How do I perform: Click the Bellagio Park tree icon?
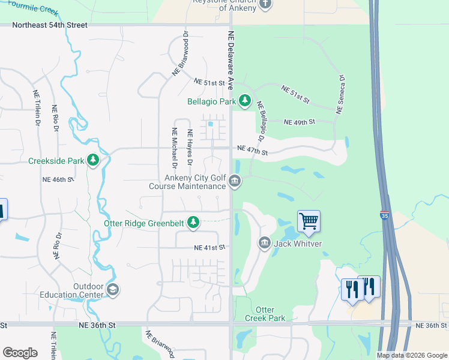[x=245, y=101]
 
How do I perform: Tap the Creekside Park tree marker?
[x=92, y=160]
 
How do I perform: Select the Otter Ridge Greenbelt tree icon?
[x=193, y=223]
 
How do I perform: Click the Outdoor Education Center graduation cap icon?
[x=112, y=290]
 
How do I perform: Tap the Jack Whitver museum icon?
[x=264, y=243]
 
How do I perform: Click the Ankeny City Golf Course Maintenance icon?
[x=235, y=181]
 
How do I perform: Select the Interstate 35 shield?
[x=384, y=214]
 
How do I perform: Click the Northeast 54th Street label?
[x=50, y=25]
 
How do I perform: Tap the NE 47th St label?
[x=252, y=150]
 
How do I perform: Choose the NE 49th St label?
[x=300, y=122]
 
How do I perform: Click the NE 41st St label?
[x=209, y=247]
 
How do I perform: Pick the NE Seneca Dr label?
[x=340, y=95]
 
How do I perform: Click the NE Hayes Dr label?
[x=190, y=148]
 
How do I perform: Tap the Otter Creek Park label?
[x=265, y=314]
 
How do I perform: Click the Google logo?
[x=20, y=352]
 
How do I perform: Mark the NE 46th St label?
[x=58, y=179]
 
